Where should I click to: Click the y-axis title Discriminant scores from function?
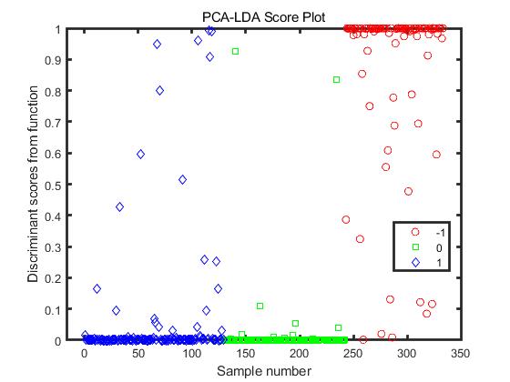[x=34, y=185]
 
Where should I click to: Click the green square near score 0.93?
[x=235, y=52]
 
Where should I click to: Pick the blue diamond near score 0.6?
[x=140, y=155]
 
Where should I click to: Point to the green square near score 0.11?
[x=260, y=307]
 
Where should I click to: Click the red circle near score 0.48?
[x=408, y=192]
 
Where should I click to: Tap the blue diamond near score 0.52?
[x=182, y=180]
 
